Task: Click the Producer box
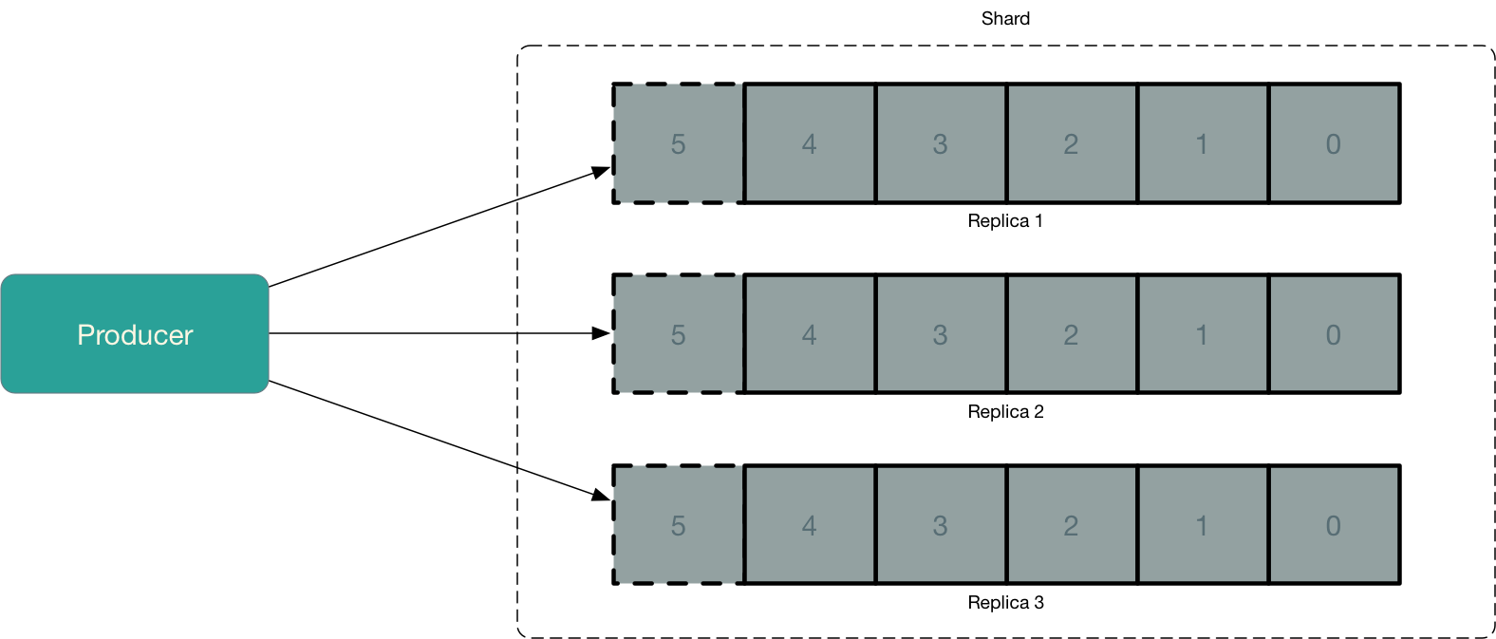click(x=135, y=334)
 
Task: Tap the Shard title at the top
click(x=1005, y=19)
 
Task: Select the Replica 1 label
click(x=1005, y=221)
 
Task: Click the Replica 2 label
click(x=1005, y=412)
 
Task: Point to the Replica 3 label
click(x=1005, y=603)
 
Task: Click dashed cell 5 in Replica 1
click(x=678, y=143)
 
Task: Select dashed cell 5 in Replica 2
click(x=678, y=334)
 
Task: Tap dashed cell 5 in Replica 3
click(x=678, y=525)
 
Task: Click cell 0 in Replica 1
click(x=1334, y=143)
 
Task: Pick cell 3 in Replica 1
click(x=940, y=143)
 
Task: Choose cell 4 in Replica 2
click(x=809, y=334)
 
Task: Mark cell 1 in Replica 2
click(x=1202, y=334)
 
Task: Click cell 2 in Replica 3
click(x=1071, y=525)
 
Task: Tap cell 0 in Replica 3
click(x=1334, y=525)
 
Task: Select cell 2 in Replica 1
click(x=1071, y=143)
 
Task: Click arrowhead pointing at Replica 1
click(x=601, y=172)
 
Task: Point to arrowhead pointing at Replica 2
click(x=601, y=333)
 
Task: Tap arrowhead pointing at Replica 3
click(x=601, y=495)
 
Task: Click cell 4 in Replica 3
click(x=809, y=525)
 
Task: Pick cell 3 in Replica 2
click(x=940, y=334)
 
